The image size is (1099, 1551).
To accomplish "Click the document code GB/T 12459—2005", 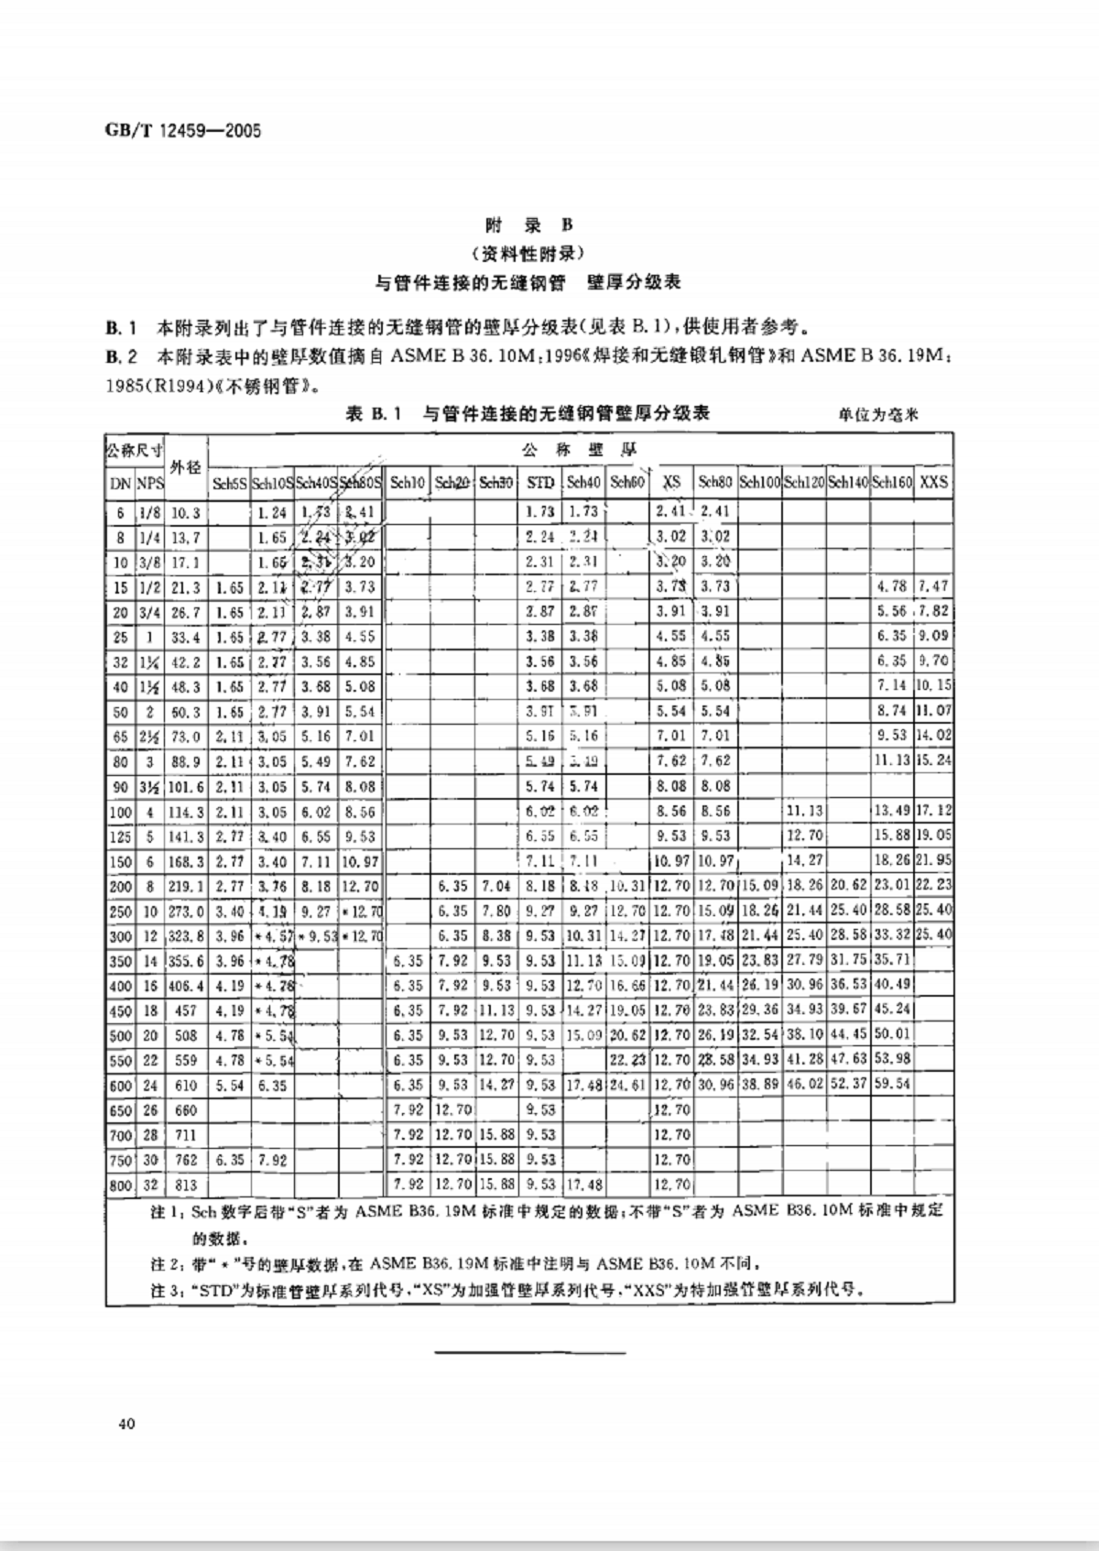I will coord(183,131).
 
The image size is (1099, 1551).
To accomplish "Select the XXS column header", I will coord(933,482).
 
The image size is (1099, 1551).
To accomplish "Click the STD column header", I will coord(541,482).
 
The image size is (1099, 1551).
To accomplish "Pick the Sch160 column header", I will coord(891,482).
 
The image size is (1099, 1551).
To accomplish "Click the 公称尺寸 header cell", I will coord(135,450).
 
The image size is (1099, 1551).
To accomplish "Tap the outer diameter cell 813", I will coord(186,1185).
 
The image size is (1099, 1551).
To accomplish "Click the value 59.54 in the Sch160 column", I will coord(891,1085).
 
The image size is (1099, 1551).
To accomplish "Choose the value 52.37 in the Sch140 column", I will coord(848,1085).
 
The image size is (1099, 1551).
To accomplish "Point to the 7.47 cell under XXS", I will coord(933,586).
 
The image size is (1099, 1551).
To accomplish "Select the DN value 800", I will coord(120,1185).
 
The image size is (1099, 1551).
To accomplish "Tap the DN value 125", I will coord(120,837).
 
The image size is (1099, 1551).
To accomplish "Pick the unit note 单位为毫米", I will coord(877,415).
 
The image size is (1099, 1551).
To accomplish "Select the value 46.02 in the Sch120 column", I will coord(804,1085).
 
